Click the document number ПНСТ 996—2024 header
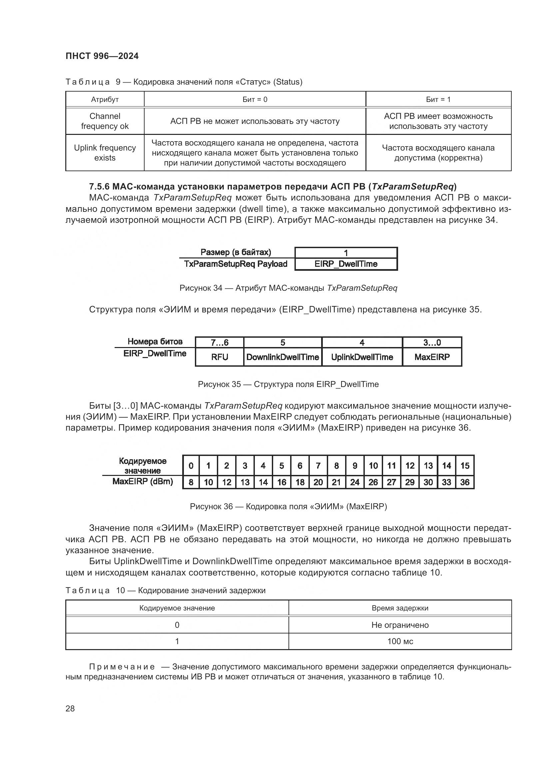coord(102,56)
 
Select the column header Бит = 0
coord(255,99)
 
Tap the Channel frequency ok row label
coord(105,121)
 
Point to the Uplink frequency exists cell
coord(105,153)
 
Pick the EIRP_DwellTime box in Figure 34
coord(346,264)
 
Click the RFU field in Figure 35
coord(220,357)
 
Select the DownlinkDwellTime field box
coord(282,357)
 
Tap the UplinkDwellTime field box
coord(362,357)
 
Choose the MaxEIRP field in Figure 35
coord(432,357)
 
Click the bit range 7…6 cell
coord(220,343)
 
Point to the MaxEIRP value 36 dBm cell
coord(464,482)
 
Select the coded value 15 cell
coord(464,466)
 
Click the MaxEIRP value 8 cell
coord(191,482)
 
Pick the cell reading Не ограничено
coord(400,625)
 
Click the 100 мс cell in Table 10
coord(400,641)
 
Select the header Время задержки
coord(400,608)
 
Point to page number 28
coord(70,708)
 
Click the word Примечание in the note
coord(122,667)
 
